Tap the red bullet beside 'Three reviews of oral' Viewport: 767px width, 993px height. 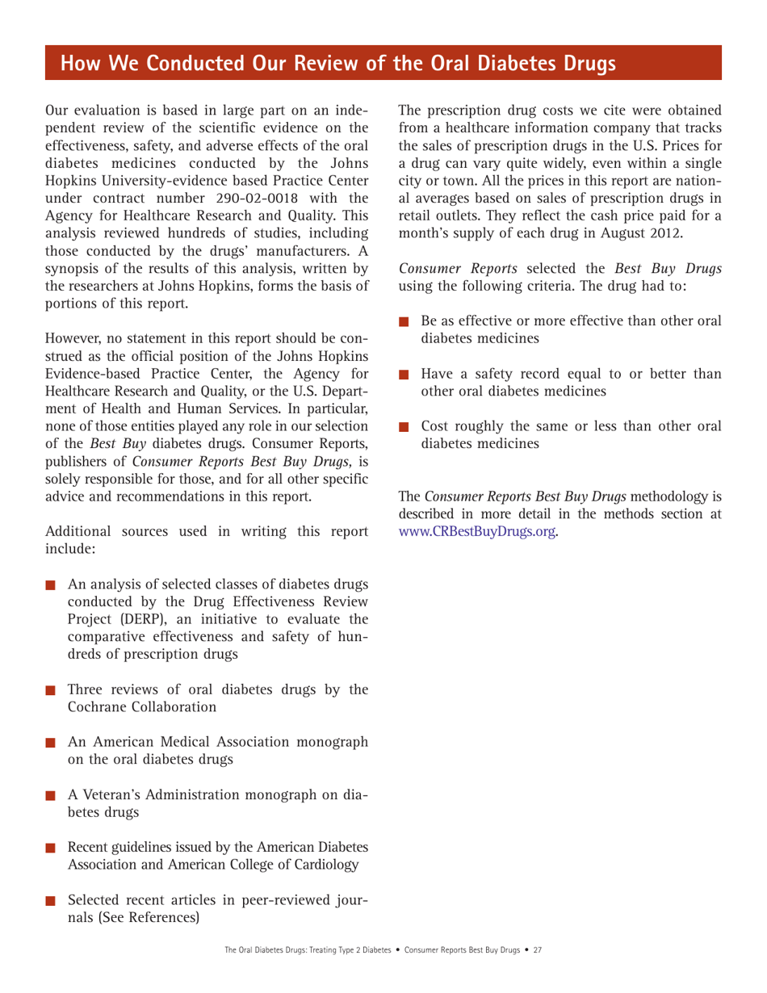[52, 690]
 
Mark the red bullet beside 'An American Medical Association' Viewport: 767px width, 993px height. [52, 744]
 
